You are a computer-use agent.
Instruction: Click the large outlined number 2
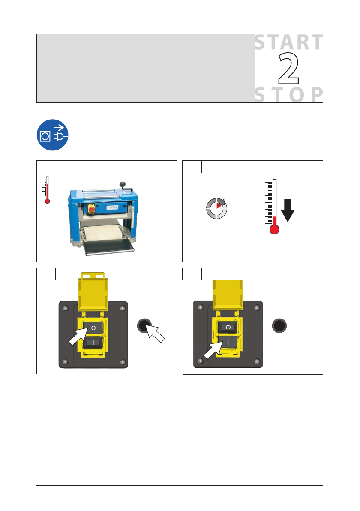pyautogui.click(x=288, y=69)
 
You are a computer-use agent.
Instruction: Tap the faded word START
pyautogui.click(x=288, y=43)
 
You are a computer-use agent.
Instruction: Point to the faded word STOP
pyautogui.click(x=288, y=95)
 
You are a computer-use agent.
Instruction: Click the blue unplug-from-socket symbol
pyautogui.click(x=52, y=135)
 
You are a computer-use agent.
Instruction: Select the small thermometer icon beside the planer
pyautogui.click(x=47, y=189)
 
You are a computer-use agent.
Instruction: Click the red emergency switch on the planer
pyautogui.click(x=92, y=209)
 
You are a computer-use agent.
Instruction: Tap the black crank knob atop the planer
pyautogui.click(x=123, y=184)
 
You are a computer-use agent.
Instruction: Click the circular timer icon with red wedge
pyautogui.click(x=217, y=208)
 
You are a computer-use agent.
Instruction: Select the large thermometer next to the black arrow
pyautogui.click(x=274, y=207)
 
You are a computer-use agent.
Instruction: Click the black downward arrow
pyautogui.click(x=288, y=210)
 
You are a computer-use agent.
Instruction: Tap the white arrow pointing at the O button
pyautogui.click(x=78, y=337)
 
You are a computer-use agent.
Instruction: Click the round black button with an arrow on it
pyautogui.click(x=144, y=325)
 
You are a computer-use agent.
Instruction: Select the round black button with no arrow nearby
pyautogui.click(x=279, y=325)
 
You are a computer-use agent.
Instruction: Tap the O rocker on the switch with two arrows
pyautogui.click(x=93, y=328)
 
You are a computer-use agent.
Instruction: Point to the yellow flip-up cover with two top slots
pyautogui.click(x=93, y=292)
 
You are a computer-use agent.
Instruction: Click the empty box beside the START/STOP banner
pyautogui.click(x=345, y=48)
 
